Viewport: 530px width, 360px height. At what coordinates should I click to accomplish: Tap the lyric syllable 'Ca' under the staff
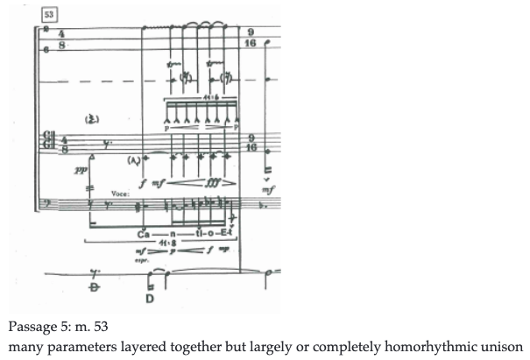[x=145, y=236]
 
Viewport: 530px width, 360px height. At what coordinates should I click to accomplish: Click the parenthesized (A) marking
[x=134, y=160]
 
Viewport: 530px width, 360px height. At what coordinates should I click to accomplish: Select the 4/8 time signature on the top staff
[x=61, y=39]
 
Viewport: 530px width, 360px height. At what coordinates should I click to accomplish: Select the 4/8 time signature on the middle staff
[x=62, y=143]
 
